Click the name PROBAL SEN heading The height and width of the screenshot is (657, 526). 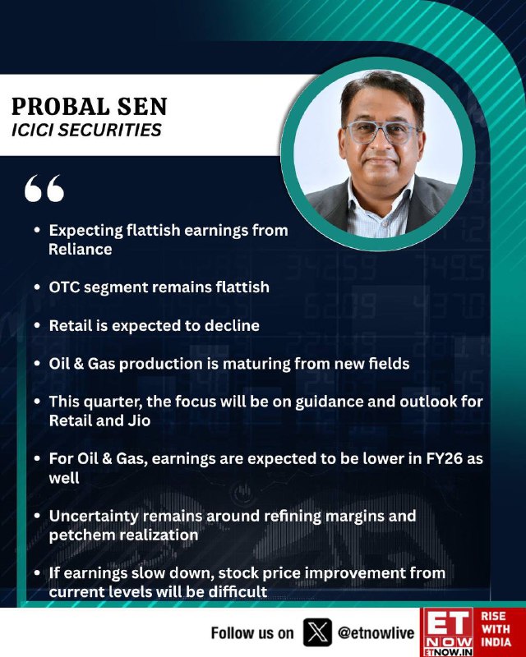tap(90, 107)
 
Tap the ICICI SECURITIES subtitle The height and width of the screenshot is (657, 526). tap(86, 130)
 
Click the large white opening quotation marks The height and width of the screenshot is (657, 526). tap(44, 188)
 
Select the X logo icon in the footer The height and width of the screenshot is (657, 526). tap(317, 632)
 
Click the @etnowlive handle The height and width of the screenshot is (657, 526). tap(376, 632)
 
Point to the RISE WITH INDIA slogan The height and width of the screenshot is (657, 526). tap(496, 629)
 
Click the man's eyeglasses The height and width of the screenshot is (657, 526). tap(381, 132)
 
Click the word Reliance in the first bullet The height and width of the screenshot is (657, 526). tap(81, 250)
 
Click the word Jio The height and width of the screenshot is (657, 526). tap(139, 420)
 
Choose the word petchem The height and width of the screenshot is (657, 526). tap(77, 535)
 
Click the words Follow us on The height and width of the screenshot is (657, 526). tap(252, 632)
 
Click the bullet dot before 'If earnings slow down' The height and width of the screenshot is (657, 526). tap(38, 572)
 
